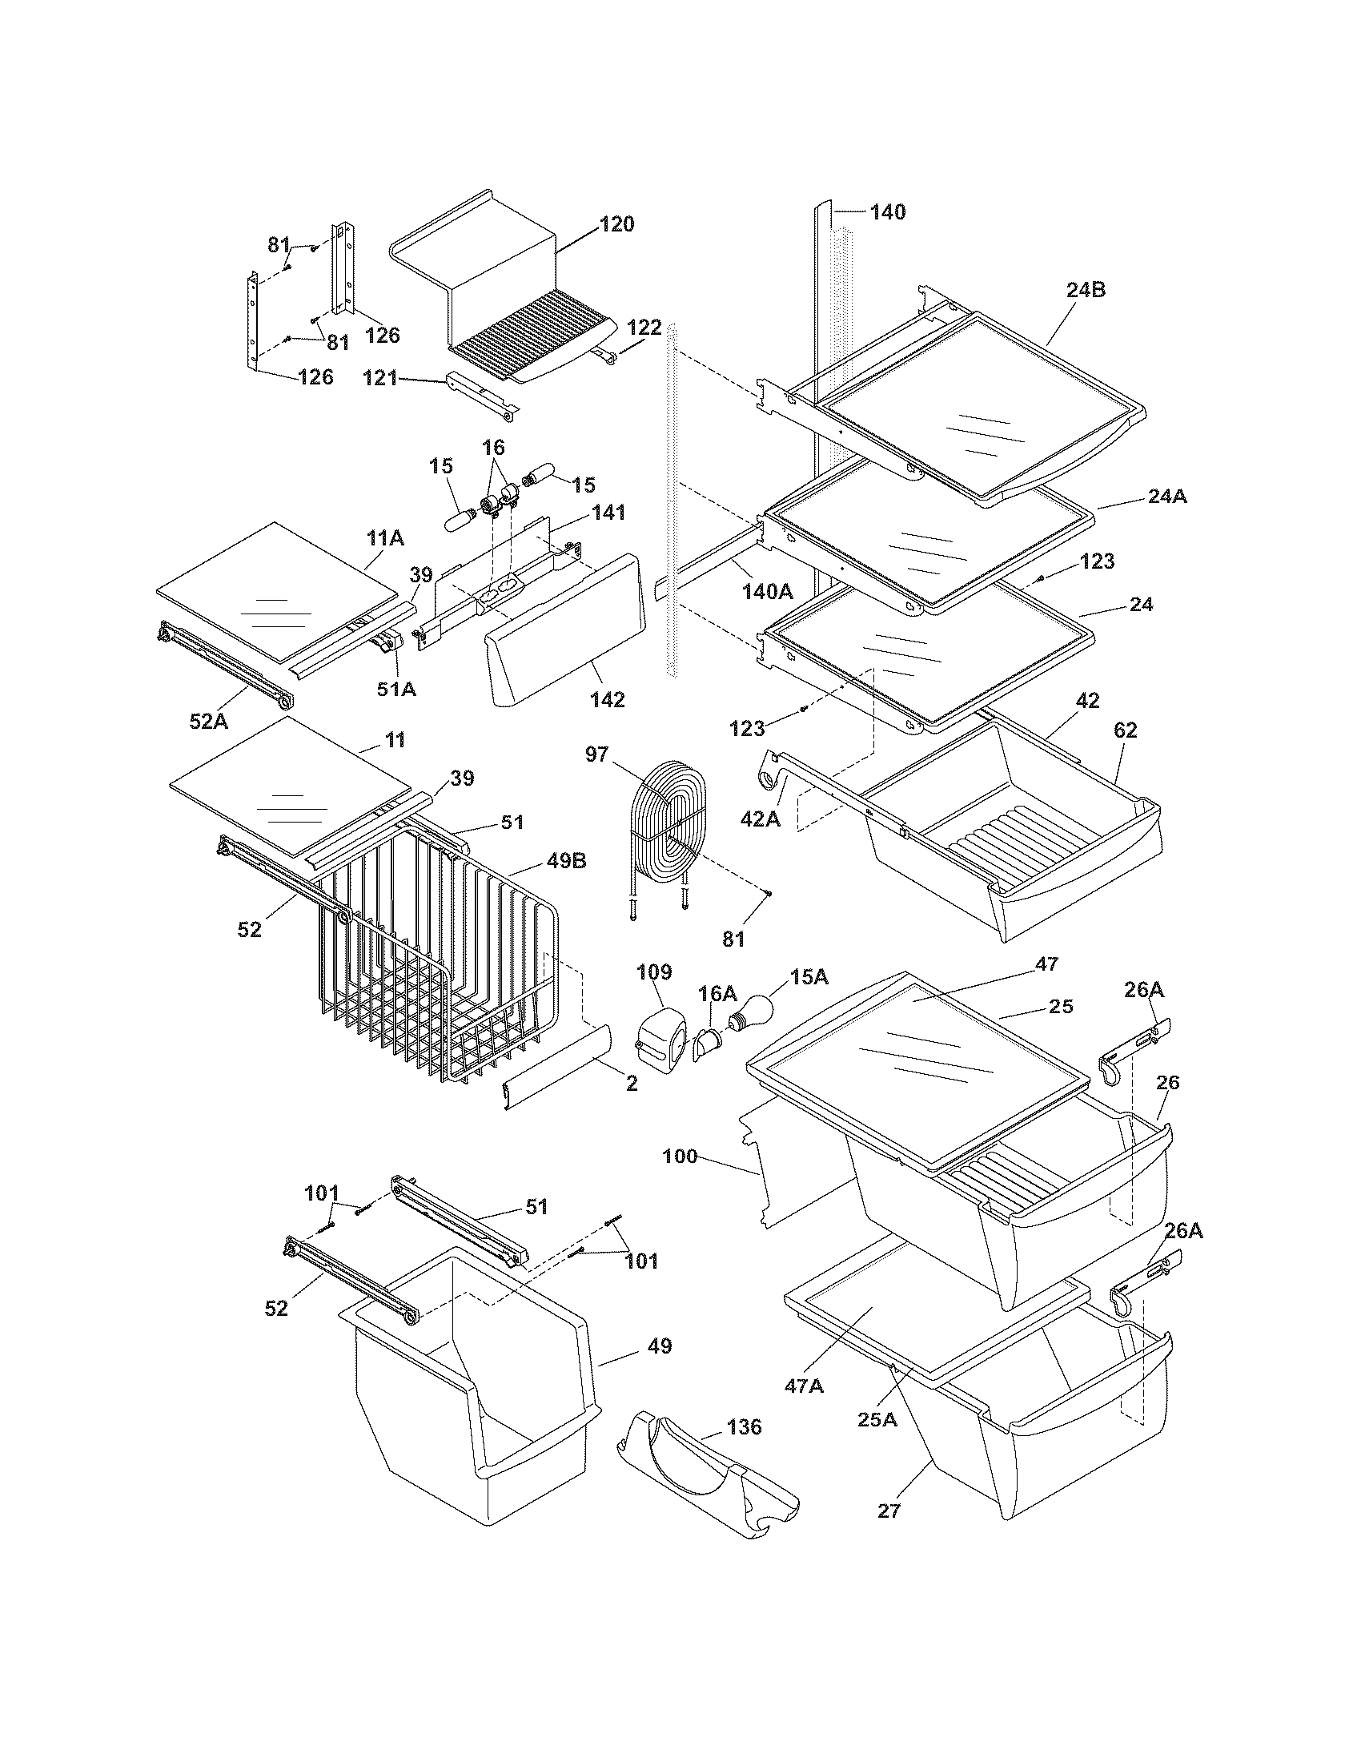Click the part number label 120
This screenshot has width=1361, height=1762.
(616, 224)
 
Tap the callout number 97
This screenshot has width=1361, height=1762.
(597, 754)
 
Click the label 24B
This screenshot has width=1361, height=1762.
(1086, 291)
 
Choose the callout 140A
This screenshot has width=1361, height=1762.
(767, 590)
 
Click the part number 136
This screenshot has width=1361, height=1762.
(744, 1427)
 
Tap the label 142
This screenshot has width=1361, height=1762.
(607, 699)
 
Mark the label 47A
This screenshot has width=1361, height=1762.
(804, 1386)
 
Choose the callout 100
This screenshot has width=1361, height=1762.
(679, 1156)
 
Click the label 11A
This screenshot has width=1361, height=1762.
(385, 539)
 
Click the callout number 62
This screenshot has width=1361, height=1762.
(1125, 730)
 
